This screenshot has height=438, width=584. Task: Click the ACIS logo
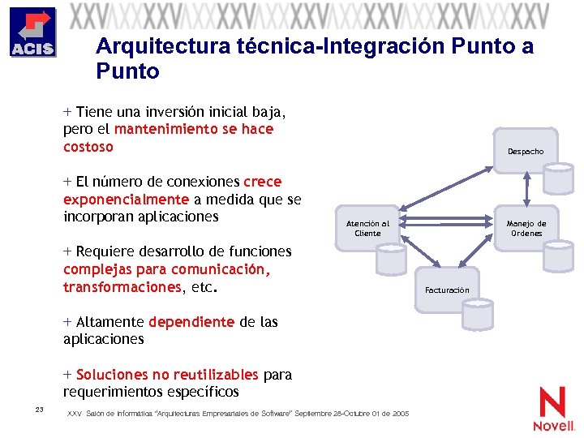tap(32, 32)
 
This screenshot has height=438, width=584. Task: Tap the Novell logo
tap(554, 409)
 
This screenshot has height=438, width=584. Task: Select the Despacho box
tap(526, 150)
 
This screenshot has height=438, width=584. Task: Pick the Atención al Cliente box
tap(367, 228)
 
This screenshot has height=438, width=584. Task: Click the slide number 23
tap(39, 408)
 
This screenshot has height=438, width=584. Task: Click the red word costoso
tap(88, 147)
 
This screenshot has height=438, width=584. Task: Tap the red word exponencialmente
tap(126, 199)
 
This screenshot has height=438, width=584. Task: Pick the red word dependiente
tap(191, 322)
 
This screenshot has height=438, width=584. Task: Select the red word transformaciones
tap(122, 286)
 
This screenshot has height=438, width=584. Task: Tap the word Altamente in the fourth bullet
tap(110, 322)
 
